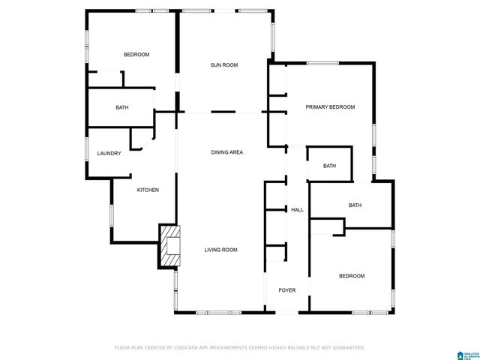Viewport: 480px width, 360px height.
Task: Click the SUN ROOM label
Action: point(223,65)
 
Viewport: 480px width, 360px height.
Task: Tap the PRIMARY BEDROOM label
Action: point(330,107)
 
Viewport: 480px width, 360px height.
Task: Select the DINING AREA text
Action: point(226,152)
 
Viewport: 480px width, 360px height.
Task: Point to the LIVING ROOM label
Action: point(221,250)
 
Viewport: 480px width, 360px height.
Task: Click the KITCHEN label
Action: point(148,190)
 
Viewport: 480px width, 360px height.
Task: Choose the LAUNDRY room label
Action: point(109,154)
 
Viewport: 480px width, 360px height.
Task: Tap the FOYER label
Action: point(287,290)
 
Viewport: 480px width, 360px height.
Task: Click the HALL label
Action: point(297,210)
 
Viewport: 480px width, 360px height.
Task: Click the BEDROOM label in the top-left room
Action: point(136,55)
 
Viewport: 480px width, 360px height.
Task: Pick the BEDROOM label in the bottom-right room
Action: point(352,276)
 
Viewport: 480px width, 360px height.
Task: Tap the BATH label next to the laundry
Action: point(121,107)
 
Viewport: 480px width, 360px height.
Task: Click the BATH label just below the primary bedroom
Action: point(329,166)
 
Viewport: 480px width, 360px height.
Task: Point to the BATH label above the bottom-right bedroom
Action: point(355,205)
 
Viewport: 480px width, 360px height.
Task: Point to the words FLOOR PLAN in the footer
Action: point(127,348)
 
